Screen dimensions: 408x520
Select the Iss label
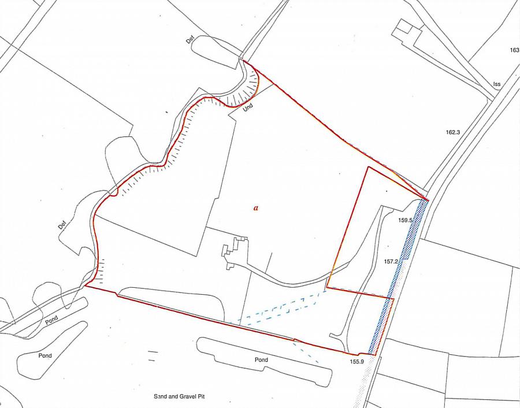[496, 84]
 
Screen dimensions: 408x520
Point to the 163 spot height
[514, 50]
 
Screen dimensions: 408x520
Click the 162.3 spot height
[452, 132]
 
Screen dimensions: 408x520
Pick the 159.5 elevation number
[405, 220]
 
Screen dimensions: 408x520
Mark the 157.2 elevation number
[392, 262]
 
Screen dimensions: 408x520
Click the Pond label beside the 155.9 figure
[261, 359]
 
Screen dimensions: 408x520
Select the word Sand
[160, 397]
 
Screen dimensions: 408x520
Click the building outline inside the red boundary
[233, 253]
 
